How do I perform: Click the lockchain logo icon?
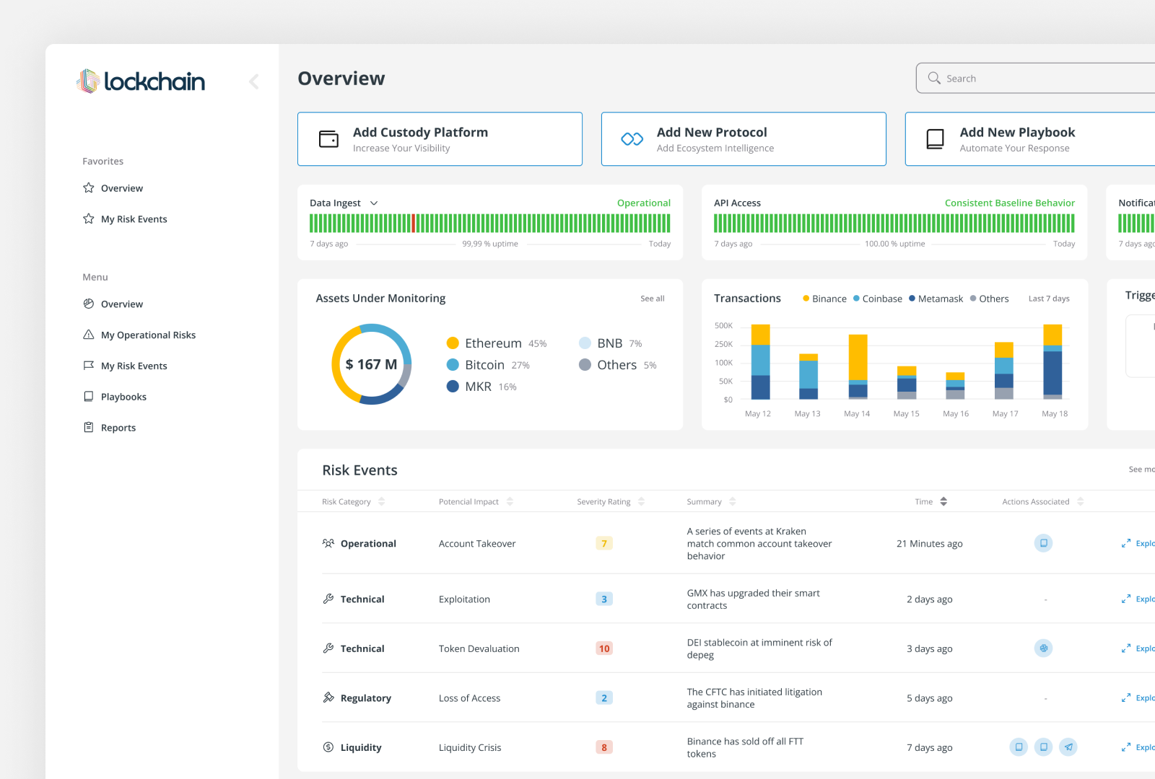(x=88, y=81)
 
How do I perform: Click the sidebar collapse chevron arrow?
(x=254, y=82)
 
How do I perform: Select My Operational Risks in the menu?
(x=148, y=335)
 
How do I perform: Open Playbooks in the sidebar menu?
(x=123, y=397)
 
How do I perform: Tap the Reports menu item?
(x=118, y=428)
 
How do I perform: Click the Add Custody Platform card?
(x=440, y=139)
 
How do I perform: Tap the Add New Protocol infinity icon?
(x=632, y=138)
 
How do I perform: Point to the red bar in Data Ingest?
(x=414, y=223)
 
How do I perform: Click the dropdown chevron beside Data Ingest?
(x=374, y=203)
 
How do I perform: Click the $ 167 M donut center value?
(x=371, y=364)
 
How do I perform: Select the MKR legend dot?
(x=453, y=387)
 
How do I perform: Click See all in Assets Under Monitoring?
(x=652, y=299)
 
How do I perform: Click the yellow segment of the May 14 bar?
(x=858, y=356)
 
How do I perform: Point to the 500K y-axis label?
(x=723, y=325)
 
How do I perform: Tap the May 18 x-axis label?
(x=1054, y=413)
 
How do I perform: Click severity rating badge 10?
(x=604, y=648)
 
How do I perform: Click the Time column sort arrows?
(x=943, y=501)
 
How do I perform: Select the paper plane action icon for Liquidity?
(x=1068, y=747)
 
